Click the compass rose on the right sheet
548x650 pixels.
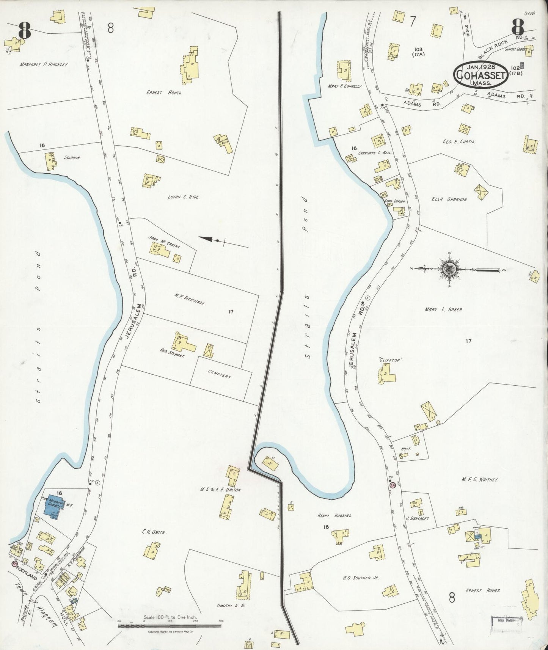click(x=450, y=269)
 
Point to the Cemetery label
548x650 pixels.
click(x=219, y=376)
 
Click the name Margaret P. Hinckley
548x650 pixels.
click(x=44, y=65)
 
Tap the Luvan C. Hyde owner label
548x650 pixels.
click(x=183, y=197)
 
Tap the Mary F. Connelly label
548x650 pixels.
click(x=345, y=86)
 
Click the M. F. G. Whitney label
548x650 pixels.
click(x=479, y=480)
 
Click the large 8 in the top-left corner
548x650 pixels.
click(x=24, y=31)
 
